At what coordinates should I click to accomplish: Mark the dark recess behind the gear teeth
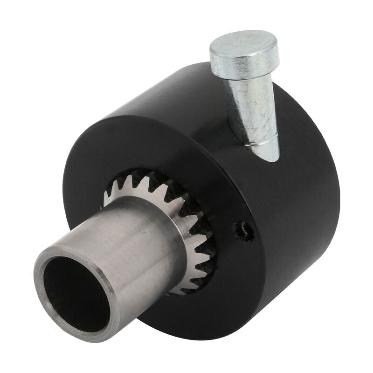tap(206, 261)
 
